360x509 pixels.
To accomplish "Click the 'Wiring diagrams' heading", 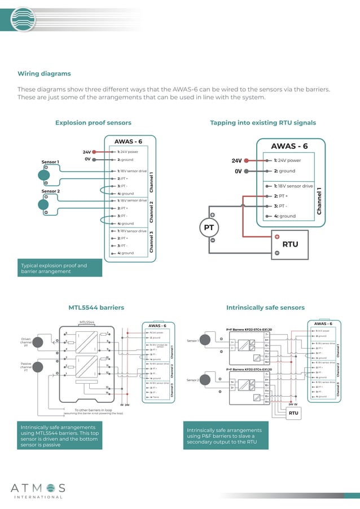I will click(44, 74).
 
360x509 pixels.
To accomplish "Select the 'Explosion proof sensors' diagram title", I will click(93, 123).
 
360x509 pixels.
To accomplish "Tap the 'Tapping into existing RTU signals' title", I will click(263, 123).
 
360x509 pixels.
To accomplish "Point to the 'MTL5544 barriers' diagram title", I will click(96, 308).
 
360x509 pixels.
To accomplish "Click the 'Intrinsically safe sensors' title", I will click(265, 308).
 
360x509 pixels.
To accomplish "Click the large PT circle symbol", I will click(208, 229).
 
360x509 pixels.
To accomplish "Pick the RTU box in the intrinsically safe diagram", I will click(293, 413).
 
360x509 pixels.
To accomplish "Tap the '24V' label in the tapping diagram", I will click(237, 160).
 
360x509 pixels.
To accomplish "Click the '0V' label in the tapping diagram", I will click(238, 171).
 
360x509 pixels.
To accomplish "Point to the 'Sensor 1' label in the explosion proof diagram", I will click(50, 162).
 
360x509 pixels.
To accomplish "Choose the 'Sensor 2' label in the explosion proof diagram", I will click(50, 191).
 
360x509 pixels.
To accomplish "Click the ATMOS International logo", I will click(37, 490).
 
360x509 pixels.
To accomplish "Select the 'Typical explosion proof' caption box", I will click(60, 268).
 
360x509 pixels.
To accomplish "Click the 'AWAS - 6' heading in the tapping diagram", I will click(289, 146).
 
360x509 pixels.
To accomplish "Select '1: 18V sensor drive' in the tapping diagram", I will click(293, 186).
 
